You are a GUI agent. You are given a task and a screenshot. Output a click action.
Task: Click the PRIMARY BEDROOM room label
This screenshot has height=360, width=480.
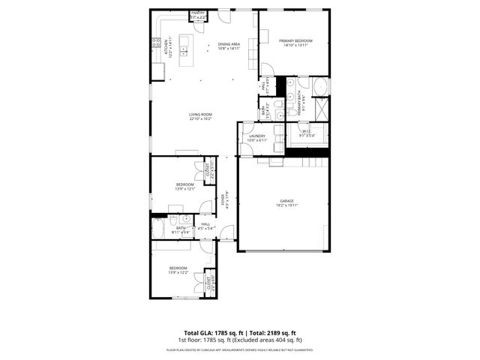point(294,40)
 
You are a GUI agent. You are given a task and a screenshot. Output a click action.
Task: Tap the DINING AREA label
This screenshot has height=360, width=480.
point(229,44)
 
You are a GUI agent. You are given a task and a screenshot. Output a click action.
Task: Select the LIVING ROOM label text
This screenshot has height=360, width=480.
point(200,114)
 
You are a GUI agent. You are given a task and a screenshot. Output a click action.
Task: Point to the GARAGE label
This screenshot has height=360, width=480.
point(287,201)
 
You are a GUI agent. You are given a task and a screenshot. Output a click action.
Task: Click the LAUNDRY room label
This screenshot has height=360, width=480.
point(257,136)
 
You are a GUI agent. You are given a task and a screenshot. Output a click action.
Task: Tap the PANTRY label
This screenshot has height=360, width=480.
point(198,13)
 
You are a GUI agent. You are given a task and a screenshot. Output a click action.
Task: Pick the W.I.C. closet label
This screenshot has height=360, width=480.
point(307,132)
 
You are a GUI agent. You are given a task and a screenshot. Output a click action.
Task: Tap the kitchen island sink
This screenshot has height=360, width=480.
point(184,52)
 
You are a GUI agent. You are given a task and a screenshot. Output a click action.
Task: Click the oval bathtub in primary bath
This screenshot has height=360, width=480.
point(320,86)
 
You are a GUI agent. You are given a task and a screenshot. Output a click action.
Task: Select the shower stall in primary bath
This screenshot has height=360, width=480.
point(320,109)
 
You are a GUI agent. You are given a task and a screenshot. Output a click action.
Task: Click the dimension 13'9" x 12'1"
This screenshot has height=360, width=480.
point(185,188)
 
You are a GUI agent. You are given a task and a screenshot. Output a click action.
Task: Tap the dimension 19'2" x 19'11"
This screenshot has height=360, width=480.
point(287,205)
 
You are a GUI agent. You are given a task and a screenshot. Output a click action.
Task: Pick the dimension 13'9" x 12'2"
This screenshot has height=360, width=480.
point(178,272)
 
